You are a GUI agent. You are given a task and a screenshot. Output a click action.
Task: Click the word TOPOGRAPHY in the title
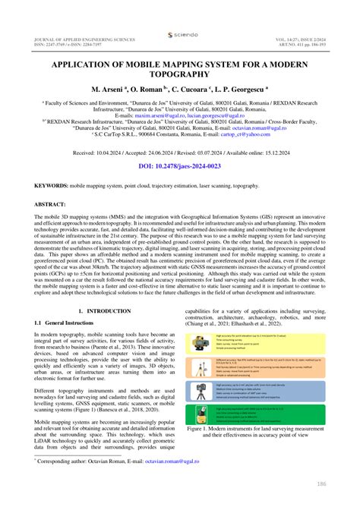pyautogui.click(x=180, y=75)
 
